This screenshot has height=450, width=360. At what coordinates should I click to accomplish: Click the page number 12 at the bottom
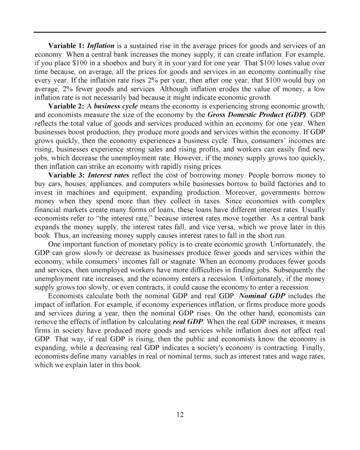(180, 414)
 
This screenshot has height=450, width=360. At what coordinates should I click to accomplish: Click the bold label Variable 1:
(66, 46)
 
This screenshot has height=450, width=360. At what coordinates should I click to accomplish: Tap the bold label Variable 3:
(66, 175)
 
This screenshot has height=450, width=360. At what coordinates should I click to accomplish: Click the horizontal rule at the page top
(180, 32)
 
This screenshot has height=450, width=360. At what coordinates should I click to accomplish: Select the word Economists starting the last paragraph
(66, 296)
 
